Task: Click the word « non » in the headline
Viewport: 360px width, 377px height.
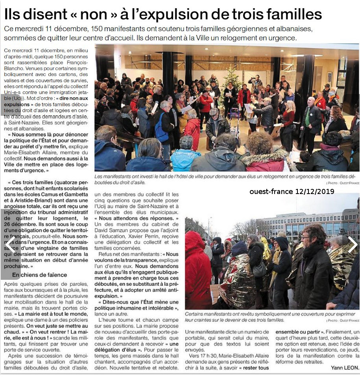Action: [x=92, y=15]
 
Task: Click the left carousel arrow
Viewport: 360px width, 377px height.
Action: [x=9, y=244]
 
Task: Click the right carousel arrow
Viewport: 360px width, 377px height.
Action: [x=352, y=244]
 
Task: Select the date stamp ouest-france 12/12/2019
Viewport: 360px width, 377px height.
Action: [x=292, y=192]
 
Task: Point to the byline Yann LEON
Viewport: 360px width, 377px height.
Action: [x=345, y=368]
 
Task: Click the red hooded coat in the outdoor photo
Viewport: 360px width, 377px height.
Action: [x=198, y=272]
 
